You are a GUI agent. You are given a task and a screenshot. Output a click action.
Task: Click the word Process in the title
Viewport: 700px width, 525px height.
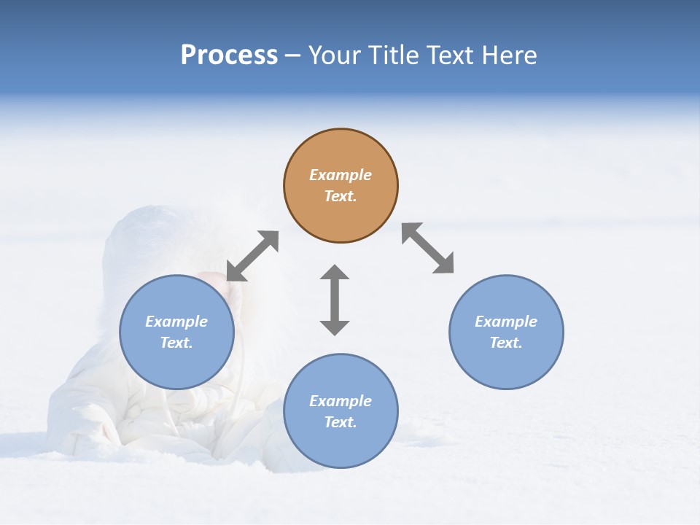[x=229, y=55]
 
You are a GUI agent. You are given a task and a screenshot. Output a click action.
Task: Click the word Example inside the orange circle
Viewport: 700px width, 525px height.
[x=341, y=175]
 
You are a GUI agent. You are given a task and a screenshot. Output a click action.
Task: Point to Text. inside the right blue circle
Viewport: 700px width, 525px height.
[x=506, y=343]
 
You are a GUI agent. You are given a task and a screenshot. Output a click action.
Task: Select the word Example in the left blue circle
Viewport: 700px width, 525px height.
[x=176, y=322]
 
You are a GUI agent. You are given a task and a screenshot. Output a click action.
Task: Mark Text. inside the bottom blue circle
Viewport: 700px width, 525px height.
[x=341, y=422]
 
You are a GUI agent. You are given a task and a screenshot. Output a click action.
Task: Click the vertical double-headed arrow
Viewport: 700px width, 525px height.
[x=335, y=300]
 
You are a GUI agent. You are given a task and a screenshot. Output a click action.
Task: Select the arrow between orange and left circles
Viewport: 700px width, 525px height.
[x=252, y=256]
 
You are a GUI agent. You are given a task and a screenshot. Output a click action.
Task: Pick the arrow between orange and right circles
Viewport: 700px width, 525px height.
[x=428, y=248]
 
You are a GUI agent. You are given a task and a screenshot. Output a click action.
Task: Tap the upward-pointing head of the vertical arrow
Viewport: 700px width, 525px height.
[x=335, y=273]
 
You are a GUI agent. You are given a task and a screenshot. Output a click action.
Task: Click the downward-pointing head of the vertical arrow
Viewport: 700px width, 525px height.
[x=335, y=327]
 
